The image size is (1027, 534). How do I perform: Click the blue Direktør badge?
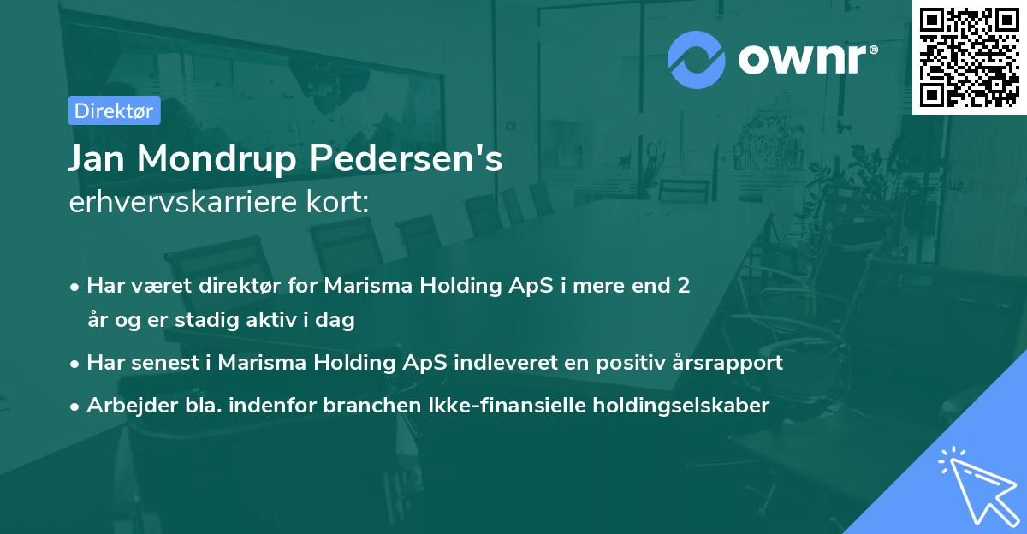tap(113, 110)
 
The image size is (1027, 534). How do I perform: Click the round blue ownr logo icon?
tap(697, 60)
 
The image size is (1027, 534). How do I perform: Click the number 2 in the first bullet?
tap(683, 286)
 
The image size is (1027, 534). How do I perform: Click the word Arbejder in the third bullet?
tap(123, 405)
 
